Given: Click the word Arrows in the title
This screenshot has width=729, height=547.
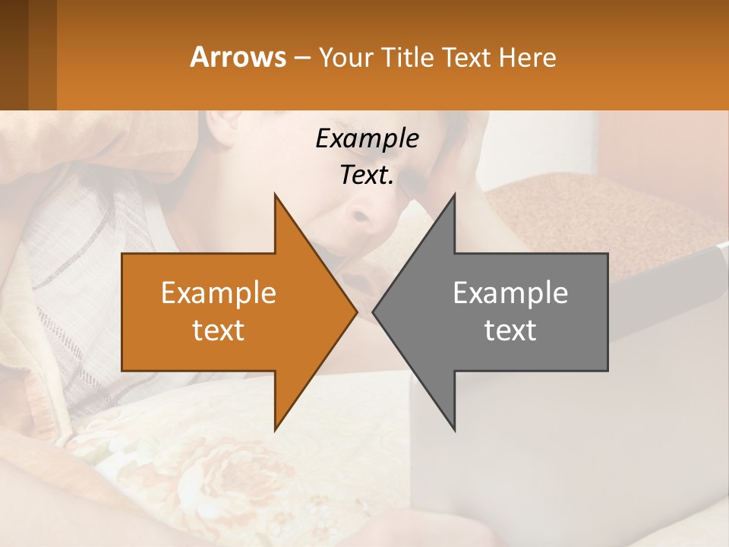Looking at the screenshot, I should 238,57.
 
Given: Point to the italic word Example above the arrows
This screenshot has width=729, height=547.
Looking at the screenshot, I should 367,138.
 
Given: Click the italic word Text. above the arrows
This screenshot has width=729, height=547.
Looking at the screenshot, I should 367,175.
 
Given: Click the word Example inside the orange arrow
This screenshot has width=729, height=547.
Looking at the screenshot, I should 219,293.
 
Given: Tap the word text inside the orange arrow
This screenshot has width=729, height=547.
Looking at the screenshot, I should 219,330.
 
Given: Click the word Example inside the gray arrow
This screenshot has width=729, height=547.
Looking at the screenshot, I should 510,293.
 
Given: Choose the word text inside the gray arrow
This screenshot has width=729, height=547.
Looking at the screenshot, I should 510,330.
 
